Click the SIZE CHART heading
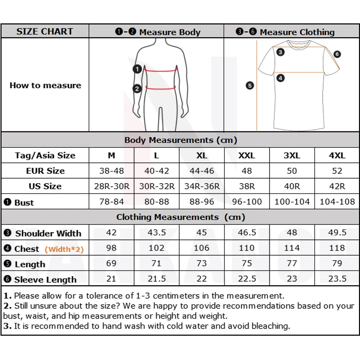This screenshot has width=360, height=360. (x=45, y=31)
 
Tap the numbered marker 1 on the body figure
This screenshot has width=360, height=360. (x=137, y=69)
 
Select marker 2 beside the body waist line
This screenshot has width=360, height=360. (x=137, y=89)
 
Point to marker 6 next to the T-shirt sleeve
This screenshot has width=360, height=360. (x=337, y=54)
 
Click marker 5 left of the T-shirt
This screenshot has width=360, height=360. (x=250, y=85)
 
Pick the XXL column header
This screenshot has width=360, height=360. (x=247, y=155)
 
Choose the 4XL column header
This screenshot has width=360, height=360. (x=337, y=155)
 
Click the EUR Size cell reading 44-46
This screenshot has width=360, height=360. (x=202, y=171)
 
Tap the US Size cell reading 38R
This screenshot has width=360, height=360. (x=247, y=186)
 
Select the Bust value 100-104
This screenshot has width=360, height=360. (x=292, y=202)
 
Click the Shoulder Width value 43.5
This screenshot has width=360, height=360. (x=157, y=233)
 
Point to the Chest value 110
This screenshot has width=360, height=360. (x=247, y=248)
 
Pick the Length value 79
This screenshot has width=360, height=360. (x=337, y=263)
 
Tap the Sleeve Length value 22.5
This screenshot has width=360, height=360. (x=247, y=279)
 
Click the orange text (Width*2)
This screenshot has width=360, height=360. (x=64, y=249)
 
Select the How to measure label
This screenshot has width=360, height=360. (x=45, y=85)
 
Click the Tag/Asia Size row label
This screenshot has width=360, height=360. (x=45, y=156)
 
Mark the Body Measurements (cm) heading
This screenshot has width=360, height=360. (x=180, y=140)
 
